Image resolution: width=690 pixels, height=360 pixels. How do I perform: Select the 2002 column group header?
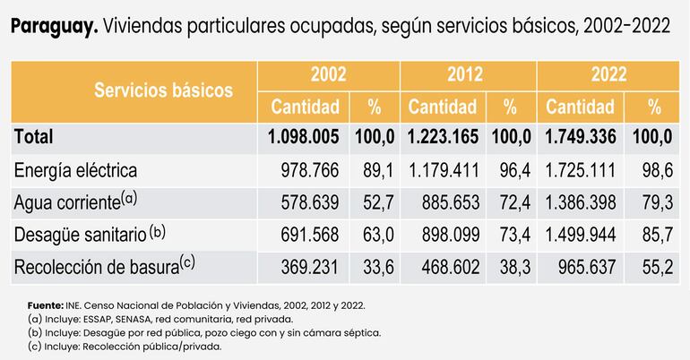click(x=328, y=74)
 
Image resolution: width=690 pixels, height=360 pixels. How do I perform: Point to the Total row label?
click(x=33, y=137)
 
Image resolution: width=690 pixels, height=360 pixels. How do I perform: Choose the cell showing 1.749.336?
click(x=584, y=137)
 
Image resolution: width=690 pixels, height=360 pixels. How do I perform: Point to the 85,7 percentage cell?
click(x=657, y=234)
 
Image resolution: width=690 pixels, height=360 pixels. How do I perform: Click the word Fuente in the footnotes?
click(x=46, y=305)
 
